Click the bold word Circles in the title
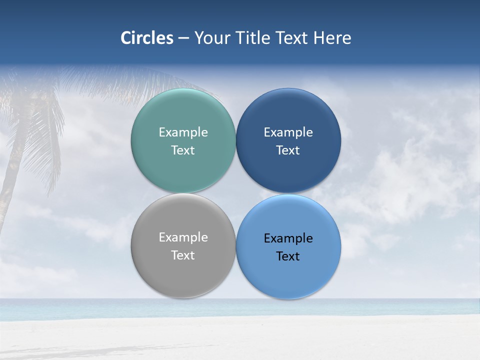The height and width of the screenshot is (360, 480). click(147, 38)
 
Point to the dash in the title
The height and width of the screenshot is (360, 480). click(183, 38)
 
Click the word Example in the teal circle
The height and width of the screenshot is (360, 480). click(183, 132)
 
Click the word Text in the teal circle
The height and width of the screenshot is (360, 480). click(183, 150)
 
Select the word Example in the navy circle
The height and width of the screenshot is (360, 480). click(288, 132)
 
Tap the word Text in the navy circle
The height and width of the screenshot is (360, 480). click(288, 150)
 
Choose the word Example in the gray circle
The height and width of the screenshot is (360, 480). click(183, 237)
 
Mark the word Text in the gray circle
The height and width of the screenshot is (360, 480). click(183, 255)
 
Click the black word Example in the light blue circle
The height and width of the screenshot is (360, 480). click(288, 238)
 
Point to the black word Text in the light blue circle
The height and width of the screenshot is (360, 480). click(288, 256)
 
